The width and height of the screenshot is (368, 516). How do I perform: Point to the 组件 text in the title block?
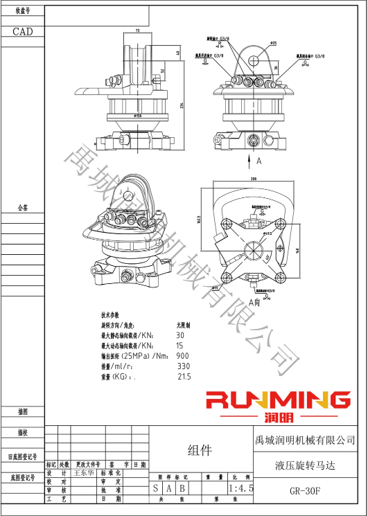pos(200,451)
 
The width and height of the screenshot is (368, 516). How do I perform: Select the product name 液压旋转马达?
pos(304,465)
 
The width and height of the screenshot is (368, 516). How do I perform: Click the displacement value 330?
pos(183,366)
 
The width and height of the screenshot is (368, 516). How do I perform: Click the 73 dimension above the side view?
pos(137,31)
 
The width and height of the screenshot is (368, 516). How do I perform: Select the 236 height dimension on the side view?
pos(182,105)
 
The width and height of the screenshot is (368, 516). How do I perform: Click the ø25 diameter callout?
pos(273,44)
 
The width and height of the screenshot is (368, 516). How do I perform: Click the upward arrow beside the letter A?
pos(249,161)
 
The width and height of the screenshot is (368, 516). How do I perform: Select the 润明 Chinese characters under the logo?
pos(279,418)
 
